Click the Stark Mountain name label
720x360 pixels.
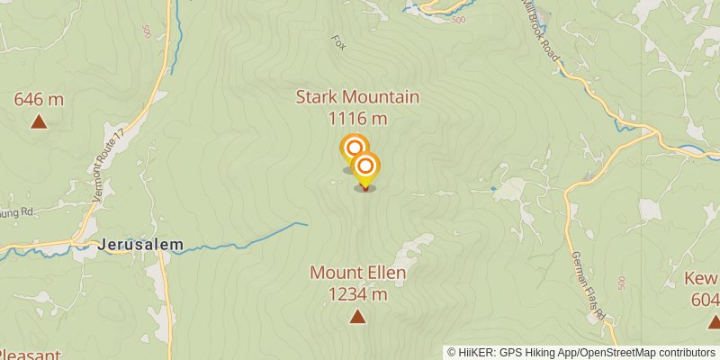pyautogui.click(x=357, y=97)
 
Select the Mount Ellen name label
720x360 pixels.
pyautogui.click(x=358, y=273)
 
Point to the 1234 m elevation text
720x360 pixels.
pyautogui.click(x=357, y=293)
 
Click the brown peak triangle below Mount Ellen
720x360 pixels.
pyautogui.click(x=357, y=316)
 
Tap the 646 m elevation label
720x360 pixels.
pyautogui.click(x=39, y=99)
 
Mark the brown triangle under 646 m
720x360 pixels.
pyautogui.click(x=39, y=121)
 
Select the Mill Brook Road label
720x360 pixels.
pyautogui.click(x=542, y=31)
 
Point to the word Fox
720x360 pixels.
pyautogui.click(x=338, y=42)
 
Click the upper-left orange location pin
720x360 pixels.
pyautogui.click(x=354, y=148)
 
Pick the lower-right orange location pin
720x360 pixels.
pyautogui.click(x=365, y=166)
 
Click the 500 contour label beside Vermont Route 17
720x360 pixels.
pyautogui.click(x=147, y=31)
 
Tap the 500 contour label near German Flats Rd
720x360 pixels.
pyautogui.click(x=622, y=283)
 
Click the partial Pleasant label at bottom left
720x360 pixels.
pyautogui.click(x=31, y=355)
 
